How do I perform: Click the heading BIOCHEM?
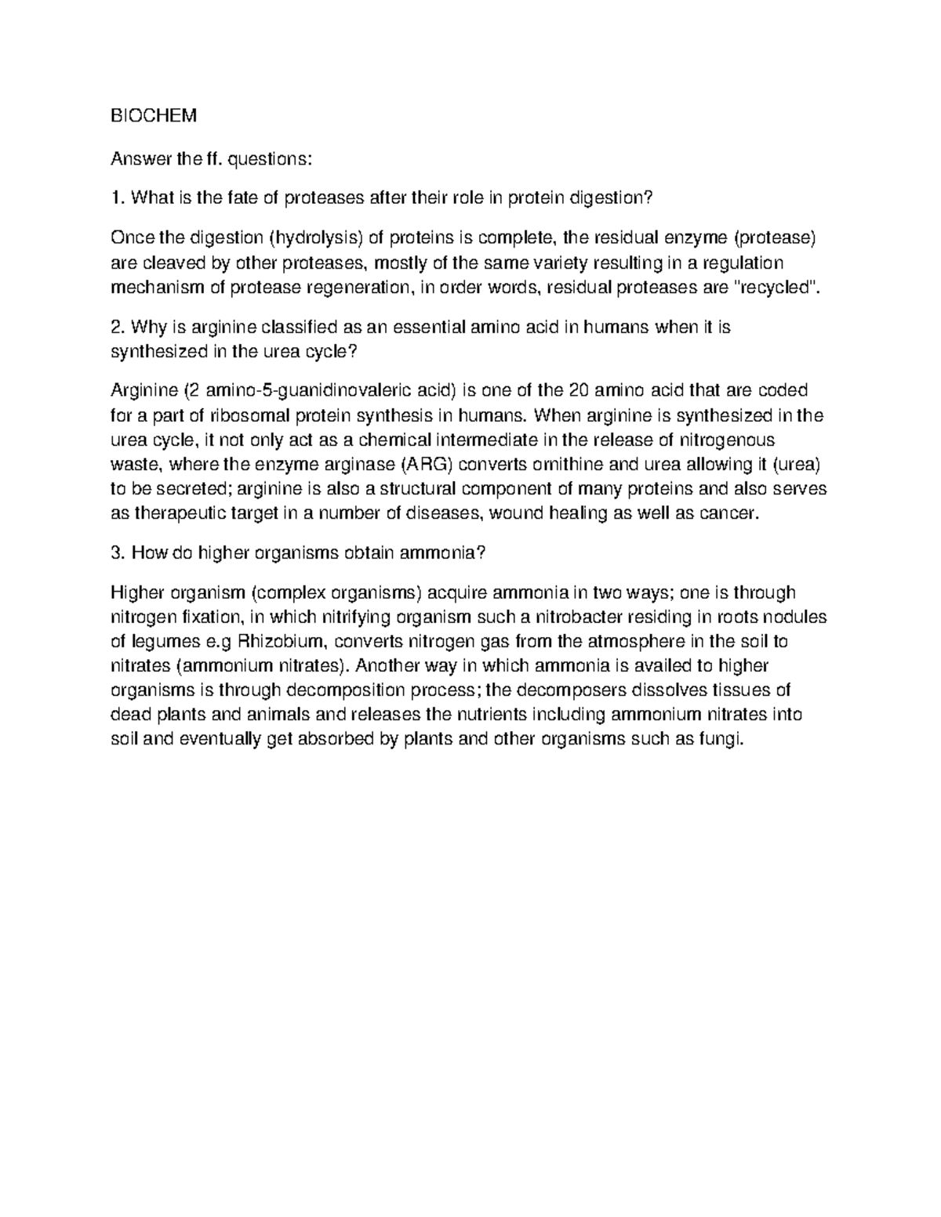click(154, 116)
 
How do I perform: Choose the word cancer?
click(730, 514)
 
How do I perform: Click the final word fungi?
click(719, 740)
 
